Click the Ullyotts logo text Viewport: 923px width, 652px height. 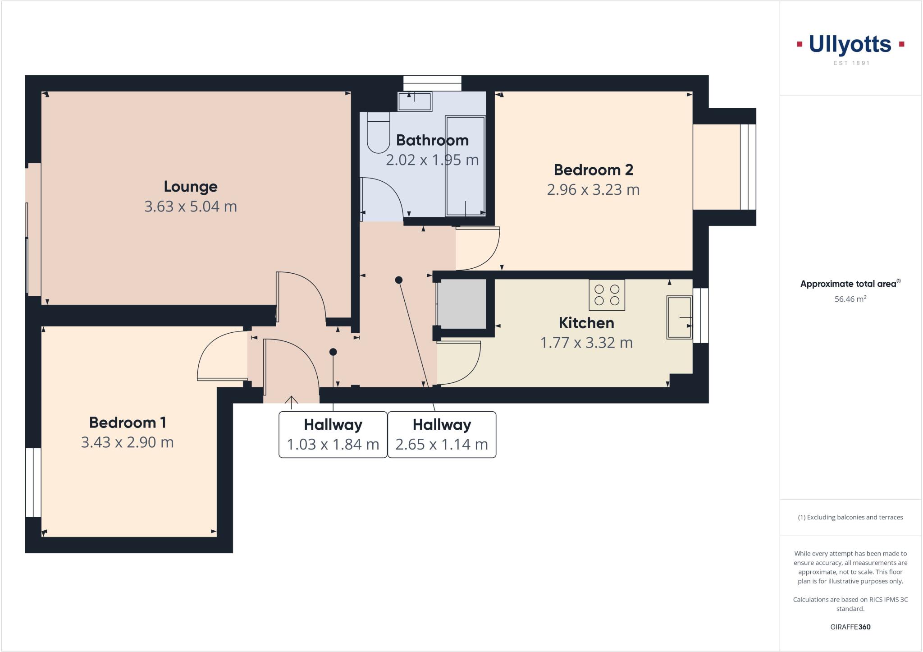coord(850,45)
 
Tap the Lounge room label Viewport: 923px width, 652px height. coord(191,186)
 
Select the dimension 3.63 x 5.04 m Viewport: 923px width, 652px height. coord(191,207)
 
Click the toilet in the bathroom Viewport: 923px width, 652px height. coord(378,133)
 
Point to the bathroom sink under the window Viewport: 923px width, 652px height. coord(415,101)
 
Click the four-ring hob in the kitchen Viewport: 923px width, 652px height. coord(607,295)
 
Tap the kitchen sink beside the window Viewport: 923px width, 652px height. coord(679,317)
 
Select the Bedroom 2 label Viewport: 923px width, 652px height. coord(593,170)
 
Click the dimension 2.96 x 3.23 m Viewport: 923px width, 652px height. coord(593,190)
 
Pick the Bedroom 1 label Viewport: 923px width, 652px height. coord(128,422)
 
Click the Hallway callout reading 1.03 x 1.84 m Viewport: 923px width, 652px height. coord(333,435)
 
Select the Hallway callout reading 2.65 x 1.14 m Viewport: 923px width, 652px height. coord(442,435)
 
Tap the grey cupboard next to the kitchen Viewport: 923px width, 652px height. coord(462,304)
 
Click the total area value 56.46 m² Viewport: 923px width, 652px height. coord(850,299)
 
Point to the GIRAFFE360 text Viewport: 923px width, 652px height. coord(850,627)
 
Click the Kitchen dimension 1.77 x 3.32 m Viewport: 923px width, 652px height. coord(586,343)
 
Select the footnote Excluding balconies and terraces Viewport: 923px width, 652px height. coord(850,517)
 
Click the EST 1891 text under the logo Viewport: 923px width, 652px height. coord(851,63)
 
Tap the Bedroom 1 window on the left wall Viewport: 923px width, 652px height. coord(33,482)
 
